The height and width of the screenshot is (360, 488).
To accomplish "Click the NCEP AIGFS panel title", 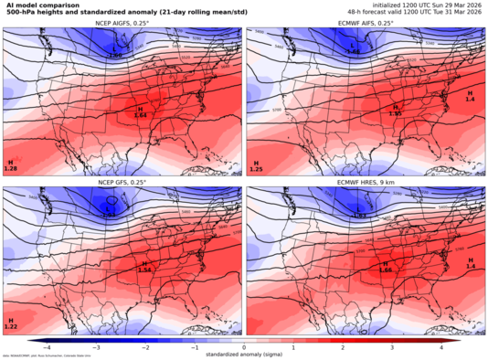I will coord(122,24).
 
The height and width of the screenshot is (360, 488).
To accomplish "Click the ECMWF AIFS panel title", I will coord(366,24).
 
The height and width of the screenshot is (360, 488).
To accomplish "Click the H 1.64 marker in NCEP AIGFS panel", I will coord(141,109).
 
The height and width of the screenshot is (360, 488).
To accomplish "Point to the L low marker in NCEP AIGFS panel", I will coord(115,53).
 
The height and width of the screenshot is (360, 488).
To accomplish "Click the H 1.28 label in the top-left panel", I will coord(11,165).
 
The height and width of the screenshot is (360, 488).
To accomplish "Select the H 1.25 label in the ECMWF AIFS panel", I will coord(256,165).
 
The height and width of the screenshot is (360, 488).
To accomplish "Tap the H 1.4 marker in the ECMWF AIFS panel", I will coord(471,105).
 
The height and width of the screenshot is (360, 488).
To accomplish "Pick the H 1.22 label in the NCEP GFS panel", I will coord(11,323).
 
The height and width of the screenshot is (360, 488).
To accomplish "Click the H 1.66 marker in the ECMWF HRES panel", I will coord(385,267).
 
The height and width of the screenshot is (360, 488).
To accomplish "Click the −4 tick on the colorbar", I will coord(47,347).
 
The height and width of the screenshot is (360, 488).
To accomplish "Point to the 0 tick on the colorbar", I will coord(244,347).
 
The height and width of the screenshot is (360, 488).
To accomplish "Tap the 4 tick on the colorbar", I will coord(440,347).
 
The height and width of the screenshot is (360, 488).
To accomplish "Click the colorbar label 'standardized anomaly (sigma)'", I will coord(244,355).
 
